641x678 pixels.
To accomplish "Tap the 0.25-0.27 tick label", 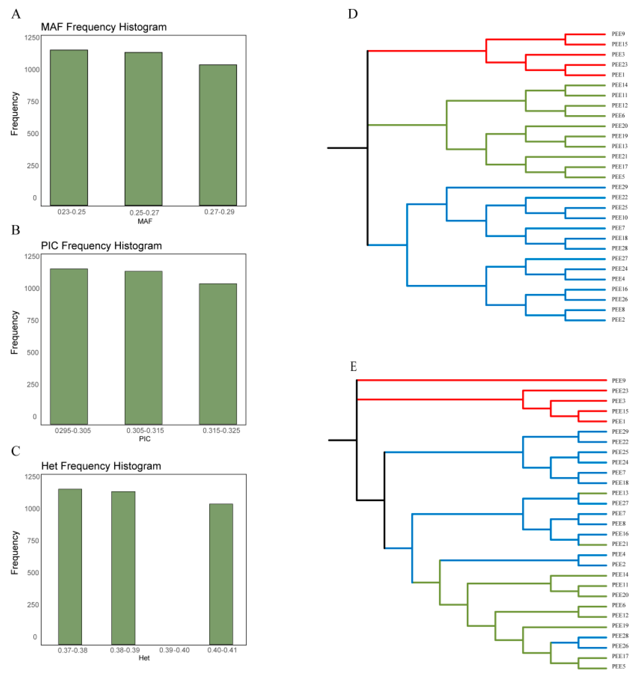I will [x=144, y=213].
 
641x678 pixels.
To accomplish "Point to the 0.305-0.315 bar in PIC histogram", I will [x=144, y=348].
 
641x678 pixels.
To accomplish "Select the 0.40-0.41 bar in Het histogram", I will [x=221, y=574].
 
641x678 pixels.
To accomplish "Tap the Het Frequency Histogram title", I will [x=101, y=466].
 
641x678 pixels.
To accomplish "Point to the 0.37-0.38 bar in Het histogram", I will [x=70, y=567].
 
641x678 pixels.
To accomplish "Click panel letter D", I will [x=353, y=14].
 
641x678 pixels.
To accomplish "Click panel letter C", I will [x=16, y=451].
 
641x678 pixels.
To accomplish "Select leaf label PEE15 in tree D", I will [x=619, y=44].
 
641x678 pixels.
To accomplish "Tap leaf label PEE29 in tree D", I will [x=619, y=187].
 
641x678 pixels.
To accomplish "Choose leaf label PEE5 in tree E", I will [x=618, y=666].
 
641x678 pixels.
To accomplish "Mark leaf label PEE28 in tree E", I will [x=620, y=636].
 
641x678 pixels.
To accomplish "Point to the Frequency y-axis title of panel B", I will [x=14, y=332].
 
